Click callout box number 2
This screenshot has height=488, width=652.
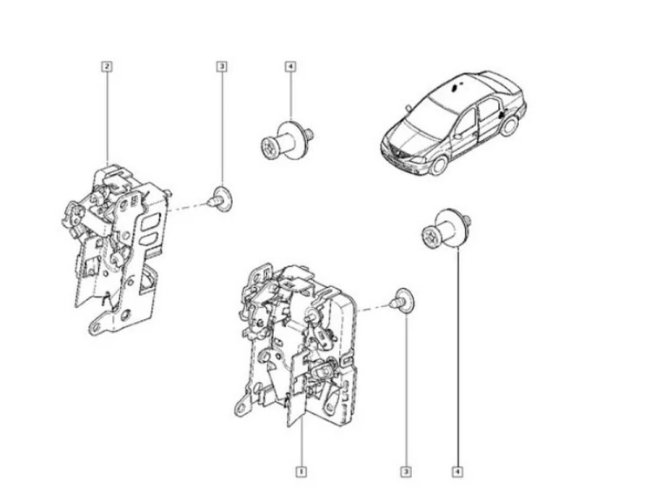click(107, 66)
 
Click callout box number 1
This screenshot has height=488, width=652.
click(301, 471)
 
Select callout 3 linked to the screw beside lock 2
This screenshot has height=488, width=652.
click(222, 66)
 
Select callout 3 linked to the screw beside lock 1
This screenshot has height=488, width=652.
click(406, 471)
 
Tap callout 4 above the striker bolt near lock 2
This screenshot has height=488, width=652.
click(290, 66)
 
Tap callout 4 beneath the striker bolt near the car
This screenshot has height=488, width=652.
click(457, 471)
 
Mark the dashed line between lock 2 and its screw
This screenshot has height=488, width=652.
click(188, 206)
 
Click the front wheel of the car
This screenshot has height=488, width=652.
click(438, 164)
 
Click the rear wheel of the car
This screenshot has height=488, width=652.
click(509, 125)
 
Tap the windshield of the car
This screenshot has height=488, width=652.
click(429, 111)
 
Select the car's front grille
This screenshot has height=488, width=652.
click(398, 155)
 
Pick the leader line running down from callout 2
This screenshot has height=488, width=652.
click(108, 117)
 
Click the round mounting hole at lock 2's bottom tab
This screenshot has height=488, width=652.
click(96, 326)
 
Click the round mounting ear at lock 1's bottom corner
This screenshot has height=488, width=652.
click(241, 408)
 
